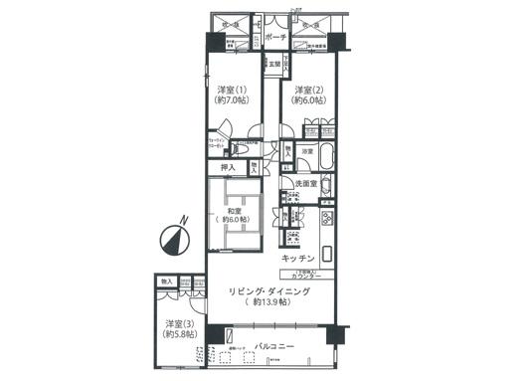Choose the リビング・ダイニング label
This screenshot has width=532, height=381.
[x=269, y=290]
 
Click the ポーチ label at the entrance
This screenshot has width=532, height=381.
[x=276, y=37]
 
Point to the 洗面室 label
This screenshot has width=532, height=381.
[x=305, y=185]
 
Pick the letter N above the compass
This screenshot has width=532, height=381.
[x=182, y=222]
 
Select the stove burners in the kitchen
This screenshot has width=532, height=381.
[x=294, y=238]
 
